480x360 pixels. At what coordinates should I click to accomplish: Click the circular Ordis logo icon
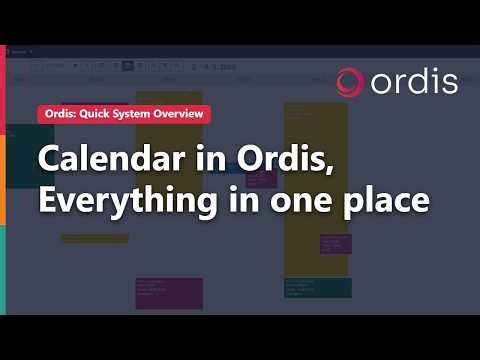point(350,83)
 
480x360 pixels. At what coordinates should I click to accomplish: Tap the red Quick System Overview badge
point(124,114)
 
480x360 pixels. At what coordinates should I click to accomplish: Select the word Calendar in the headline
point(97,161)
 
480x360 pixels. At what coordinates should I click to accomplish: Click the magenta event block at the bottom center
point(169,293)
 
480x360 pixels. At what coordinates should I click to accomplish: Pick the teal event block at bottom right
point(317,288)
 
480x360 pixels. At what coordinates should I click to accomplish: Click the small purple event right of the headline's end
point(335,243)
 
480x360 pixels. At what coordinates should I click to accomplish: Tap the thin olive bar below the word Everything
point(94,239)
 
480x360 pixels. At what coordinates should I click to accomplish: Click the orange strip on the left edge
point(3,180)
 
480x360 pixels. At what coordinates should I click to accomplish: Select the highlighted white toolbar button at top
point(128,66)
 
